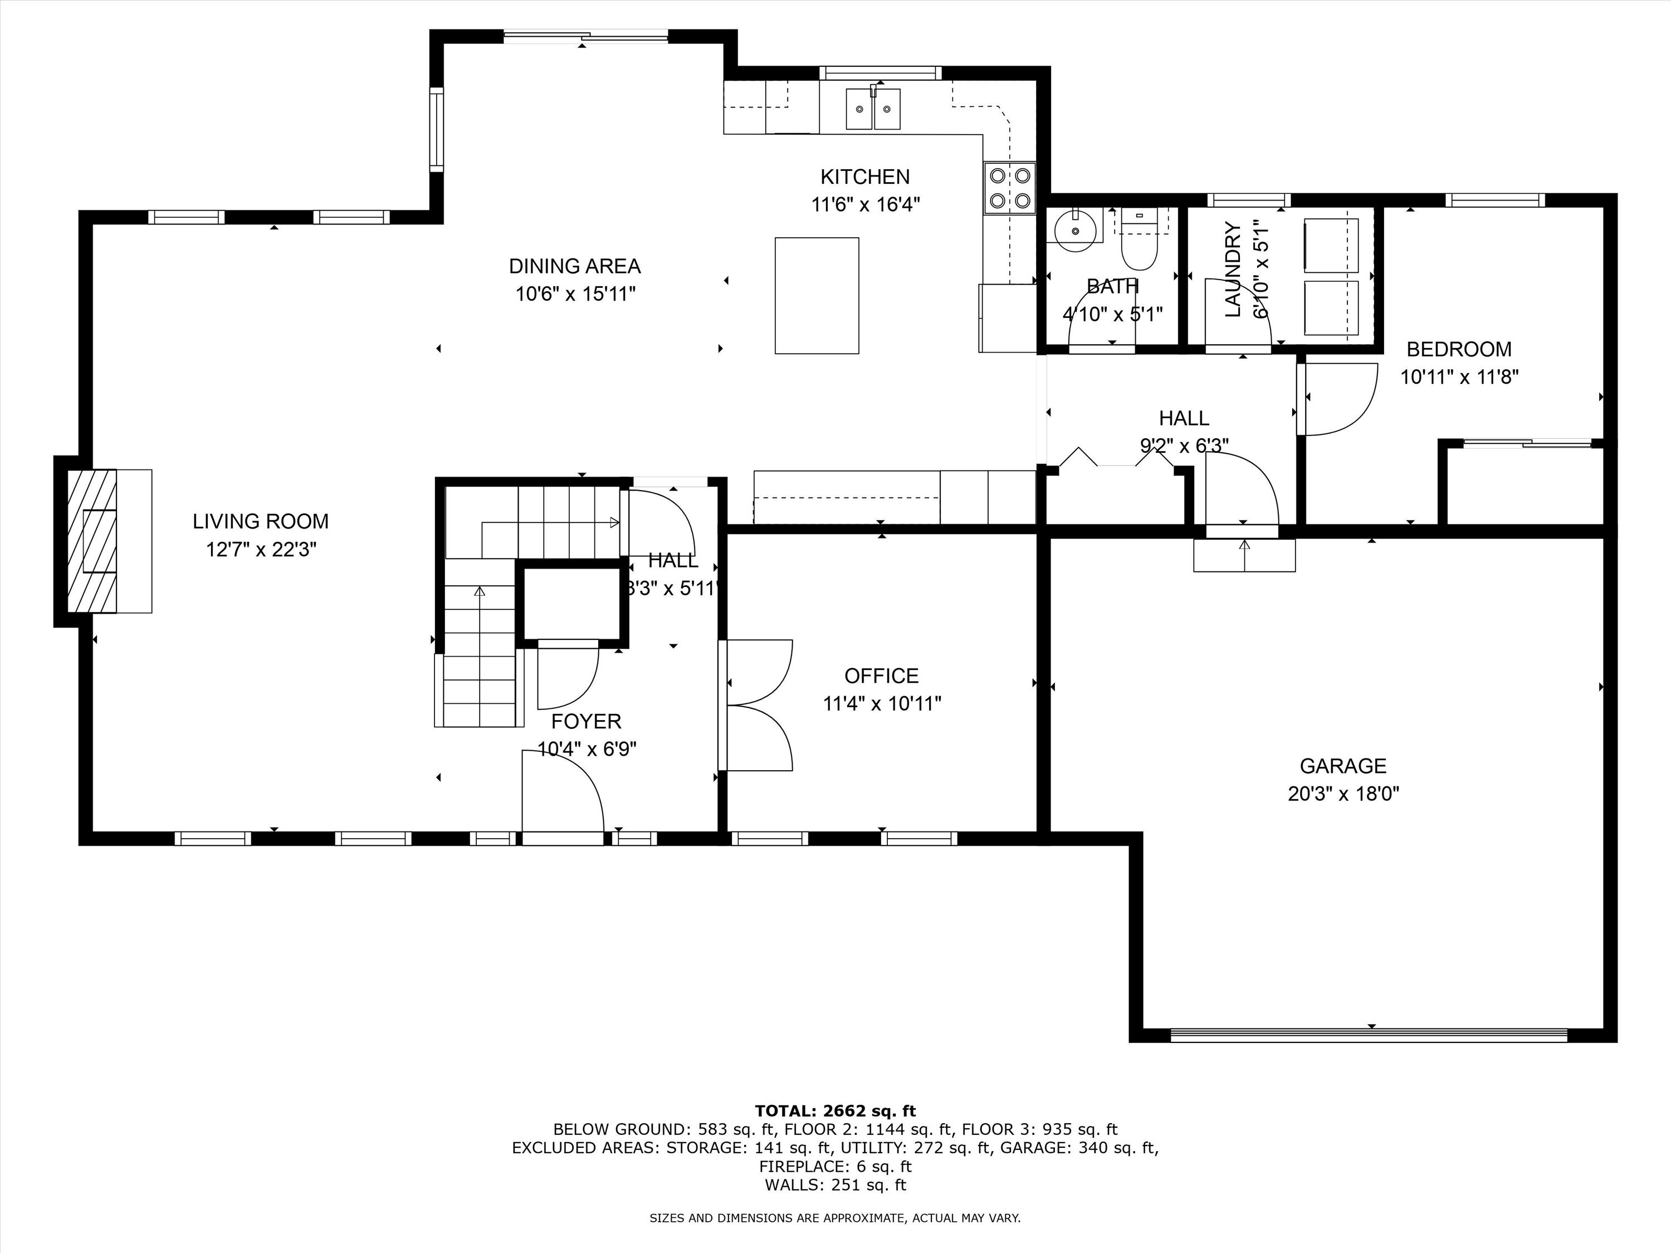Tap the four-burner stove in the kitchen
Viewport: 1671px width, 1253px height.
(1009, 188)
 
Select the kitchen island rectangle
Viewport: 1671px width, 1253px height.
(817, 295)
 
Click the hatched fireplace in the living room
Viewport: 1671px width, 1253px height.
(92, 541)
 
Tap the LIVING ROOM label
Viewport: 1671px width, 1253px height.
(261, 521)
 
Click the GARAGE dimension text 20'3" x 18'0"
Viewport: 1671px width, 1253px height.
(1343, 794)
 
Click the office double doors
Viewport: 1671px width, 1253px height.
(755, 704)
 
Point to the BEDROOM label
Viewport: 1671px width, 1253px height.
(1459, 349)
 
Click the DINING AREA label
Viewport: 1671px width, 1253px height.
(574, 266)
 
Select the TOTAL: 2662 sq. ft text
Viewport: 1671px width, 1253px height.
(835, 1111)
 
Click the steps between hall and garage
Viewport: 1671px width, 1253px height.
(1244, 555)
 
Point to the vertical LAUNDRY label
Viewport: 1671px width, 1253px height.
(1233, 269)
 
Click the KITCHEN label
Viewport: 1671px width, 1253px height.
(865, 177)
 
